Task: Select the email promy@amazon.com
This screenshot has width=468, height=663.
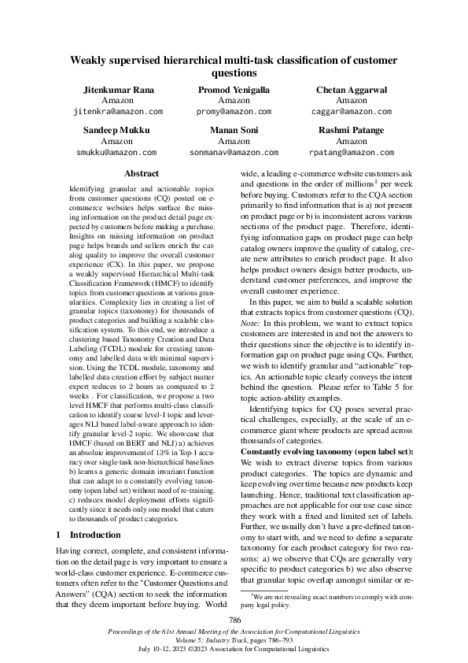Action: tap(234, 113)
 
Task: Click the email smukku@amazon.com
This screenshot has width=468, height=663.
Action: tap(116, 152)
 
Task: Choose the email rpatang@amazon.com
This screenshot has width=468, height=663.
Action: tap(352, 152)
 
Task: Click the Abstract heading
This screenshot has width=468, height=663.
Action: tap(142, 173)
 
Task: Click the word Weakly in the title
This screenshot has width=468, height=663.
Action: tap(93, 60)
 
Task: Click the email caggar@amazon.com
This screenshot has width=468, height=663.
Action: tap(352, 113)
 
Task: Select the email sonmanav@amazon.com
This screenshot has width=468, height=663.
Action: tap(234, 152)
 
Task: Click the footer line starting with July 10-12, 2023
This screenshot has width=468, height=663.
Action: tap(234, 650)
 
